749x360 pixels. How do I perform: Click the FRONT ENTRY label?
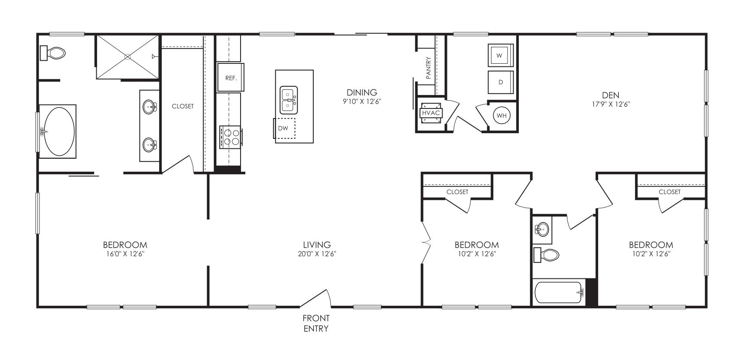click(x=316, y=324)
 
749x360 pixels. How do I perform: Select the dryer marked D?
click(x=501, y=82)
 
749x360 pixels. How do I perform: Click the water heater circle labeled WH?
click(x=502, y=116)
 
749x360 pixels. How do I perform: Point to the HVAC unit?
click(x=431, y=113)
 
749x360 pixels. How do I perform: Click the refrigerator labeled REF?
click(x=231, y=78)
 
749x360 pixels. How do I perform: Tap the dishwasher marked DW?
click(x=284, y=128)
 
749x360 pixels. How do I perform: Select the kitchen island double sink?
click(x=288, y=100)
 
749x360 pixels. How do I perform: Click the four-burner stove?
click(x=230, y=137)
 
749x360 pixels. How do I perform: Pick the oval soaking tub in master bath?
click(x=59, y=131)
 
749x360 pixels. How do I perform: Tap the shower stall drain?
click(x=127, y=56)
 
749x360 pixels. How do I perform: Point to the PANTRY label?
click(x=428, y=68)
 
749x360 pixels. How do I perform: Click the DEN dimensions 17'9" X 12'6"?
click(x=610, y=104)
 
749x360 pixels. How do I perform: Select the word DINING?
click(x=361, y=92)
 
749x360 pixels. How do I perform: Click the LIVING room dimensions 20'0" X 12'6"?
click(x=317, y=254)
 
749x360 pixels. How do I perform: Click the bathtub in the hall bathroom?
click(x=558, y=293)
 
